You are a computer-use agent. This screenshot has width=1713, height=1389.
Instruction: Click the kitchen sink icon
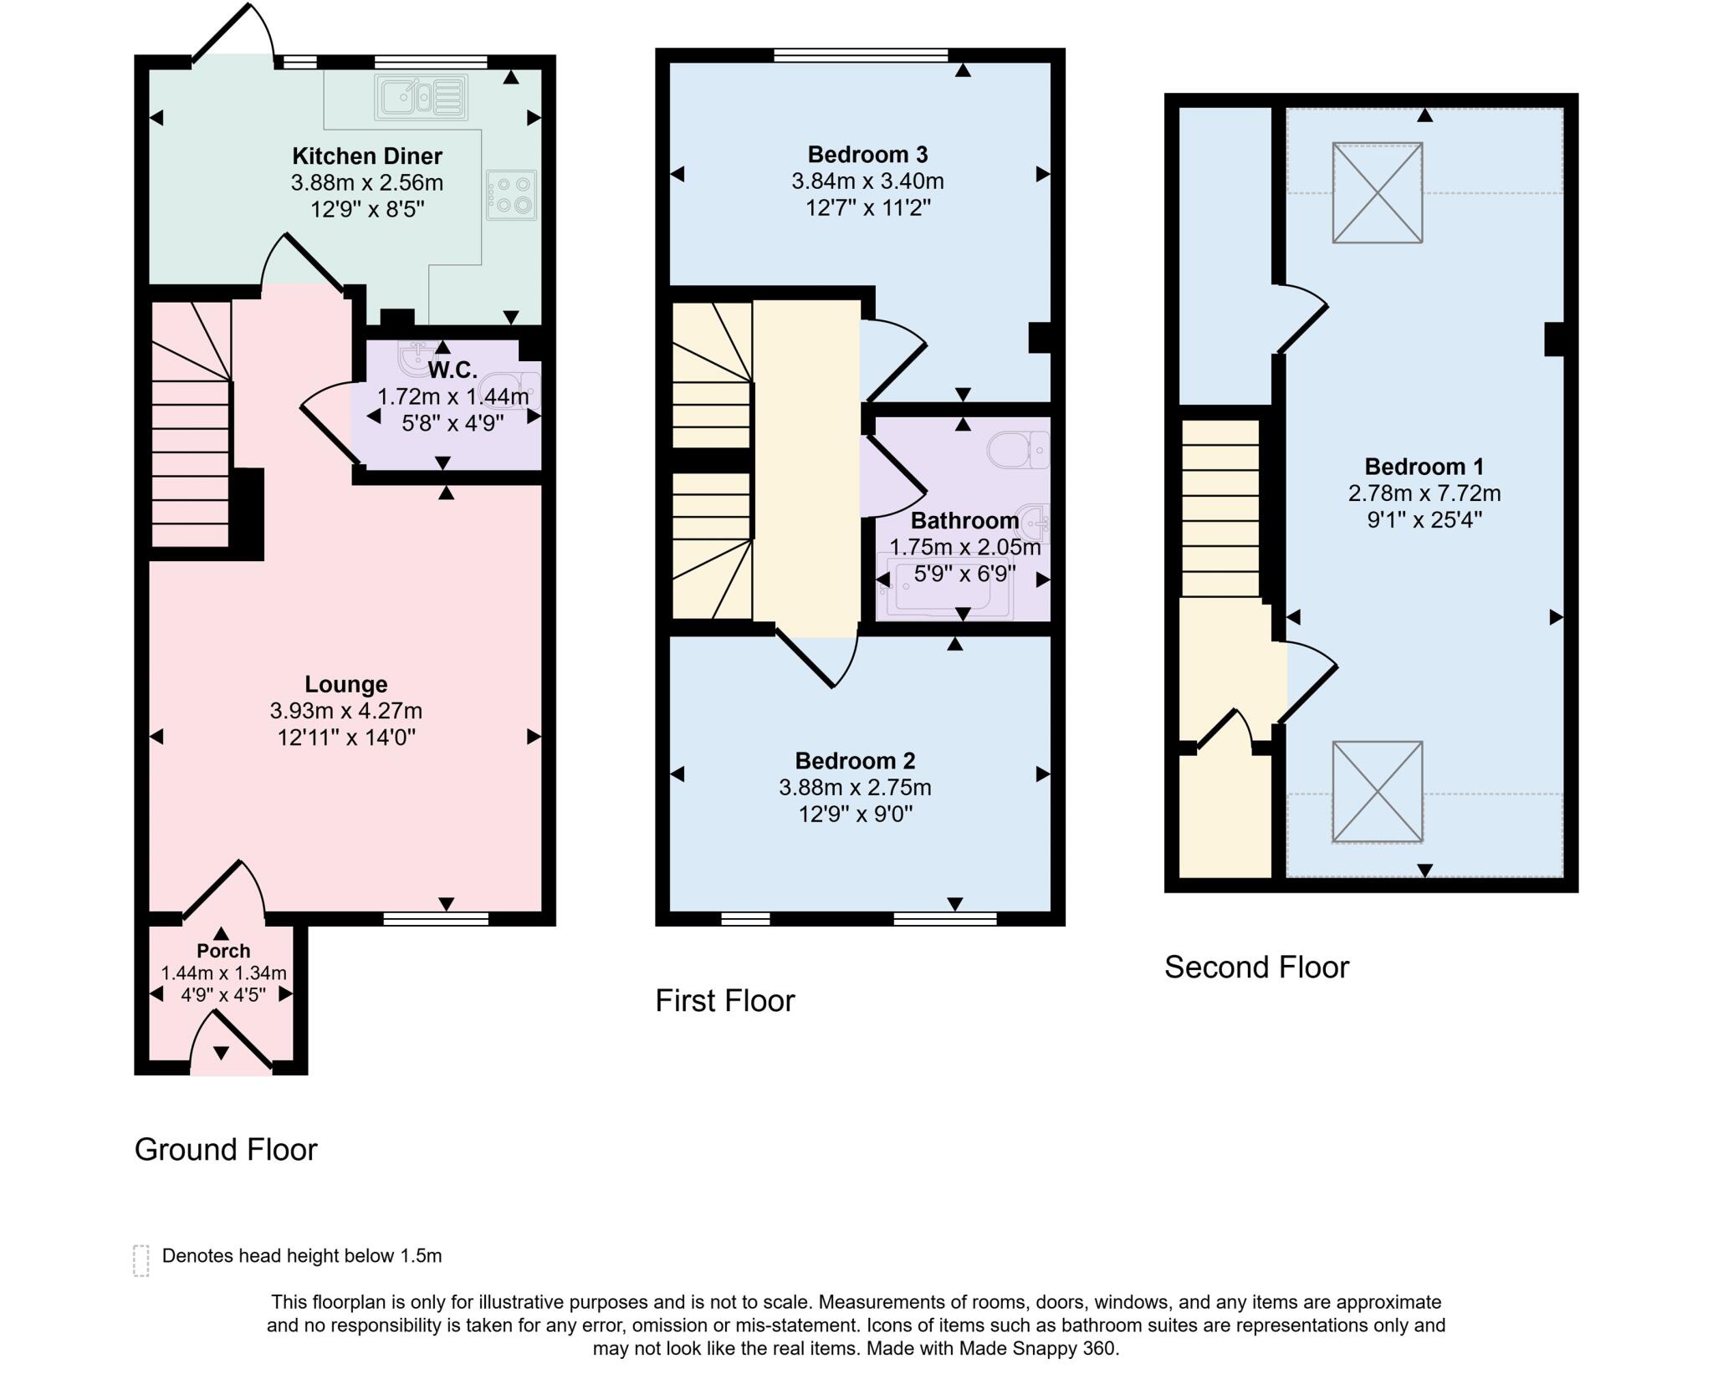coord(421,97)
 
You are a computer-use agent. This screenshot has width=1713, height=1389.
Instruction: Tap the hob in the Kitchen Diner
coord(511,195)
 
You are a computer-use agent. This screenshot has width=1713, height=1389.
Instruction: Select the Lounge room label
coord(345,684)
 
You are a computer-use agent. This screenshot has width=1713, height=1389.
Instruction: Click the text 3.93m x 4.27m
coord(345,711)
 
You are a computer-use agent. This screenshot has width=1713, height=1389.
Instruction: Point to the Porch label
coord(223,951)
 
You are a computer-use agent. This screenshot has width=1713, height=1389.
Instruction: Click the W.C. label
coord(453,370)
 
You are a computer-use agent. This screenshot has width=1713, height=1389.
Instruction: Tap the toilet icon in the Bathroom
coord(1018,450)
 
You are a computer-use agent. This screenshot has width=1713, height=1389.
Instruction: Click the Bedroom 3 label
coord(867,154)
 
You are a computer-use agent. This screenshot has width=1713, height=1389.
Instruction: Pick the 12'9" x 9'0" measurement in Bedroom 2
coord(855,814)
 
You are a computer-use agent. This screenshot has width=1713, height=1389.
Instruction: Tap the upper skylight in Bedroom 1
coord(1377,193)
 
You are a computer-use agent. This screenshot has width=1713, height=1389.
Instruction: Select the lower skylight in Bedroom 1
coord(1377,791)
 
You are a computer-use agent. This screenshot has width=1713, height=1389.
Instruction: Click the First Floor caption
coord(724,1000)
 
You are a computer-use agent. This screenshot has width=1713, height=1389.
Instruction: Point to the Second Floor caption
coord(1256,967)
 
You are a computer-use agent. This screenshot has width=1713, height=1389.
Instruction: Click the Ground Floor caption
coord(226,1149)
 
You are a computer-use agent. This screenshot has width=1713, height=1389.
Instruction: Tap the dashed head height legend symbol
coord(141,1260)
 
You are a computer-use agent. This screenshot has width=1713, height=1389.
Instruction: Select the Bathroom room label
coord(964,520)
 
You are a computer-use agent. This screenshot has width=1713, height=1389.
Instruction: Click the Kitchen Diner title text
coord(366,156)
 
